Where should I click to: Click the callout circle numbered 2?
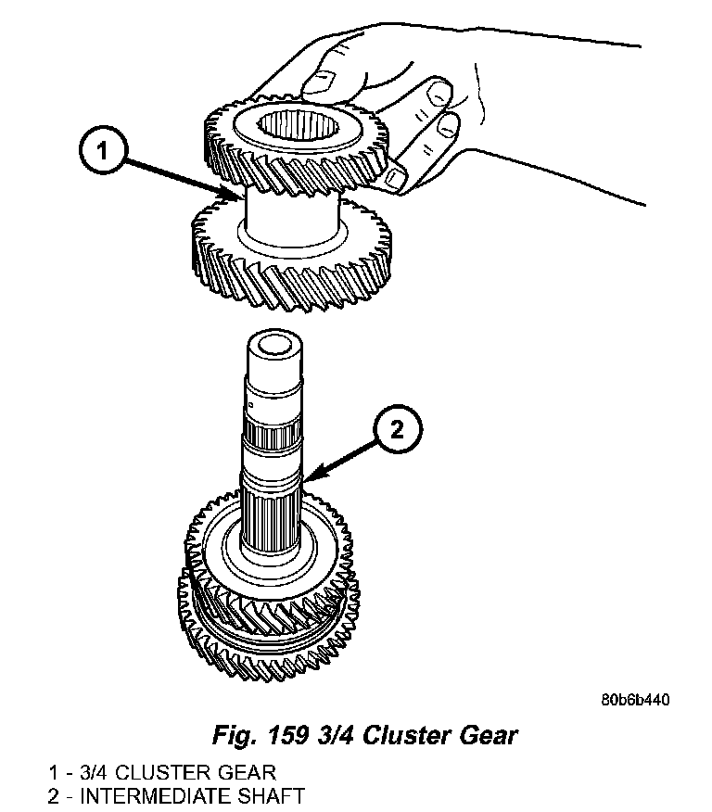396,429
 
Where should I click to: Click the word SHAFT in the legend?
273,794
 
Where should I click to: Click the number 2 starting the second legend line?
55,794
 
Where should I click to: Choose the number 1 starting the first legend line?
55,771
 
